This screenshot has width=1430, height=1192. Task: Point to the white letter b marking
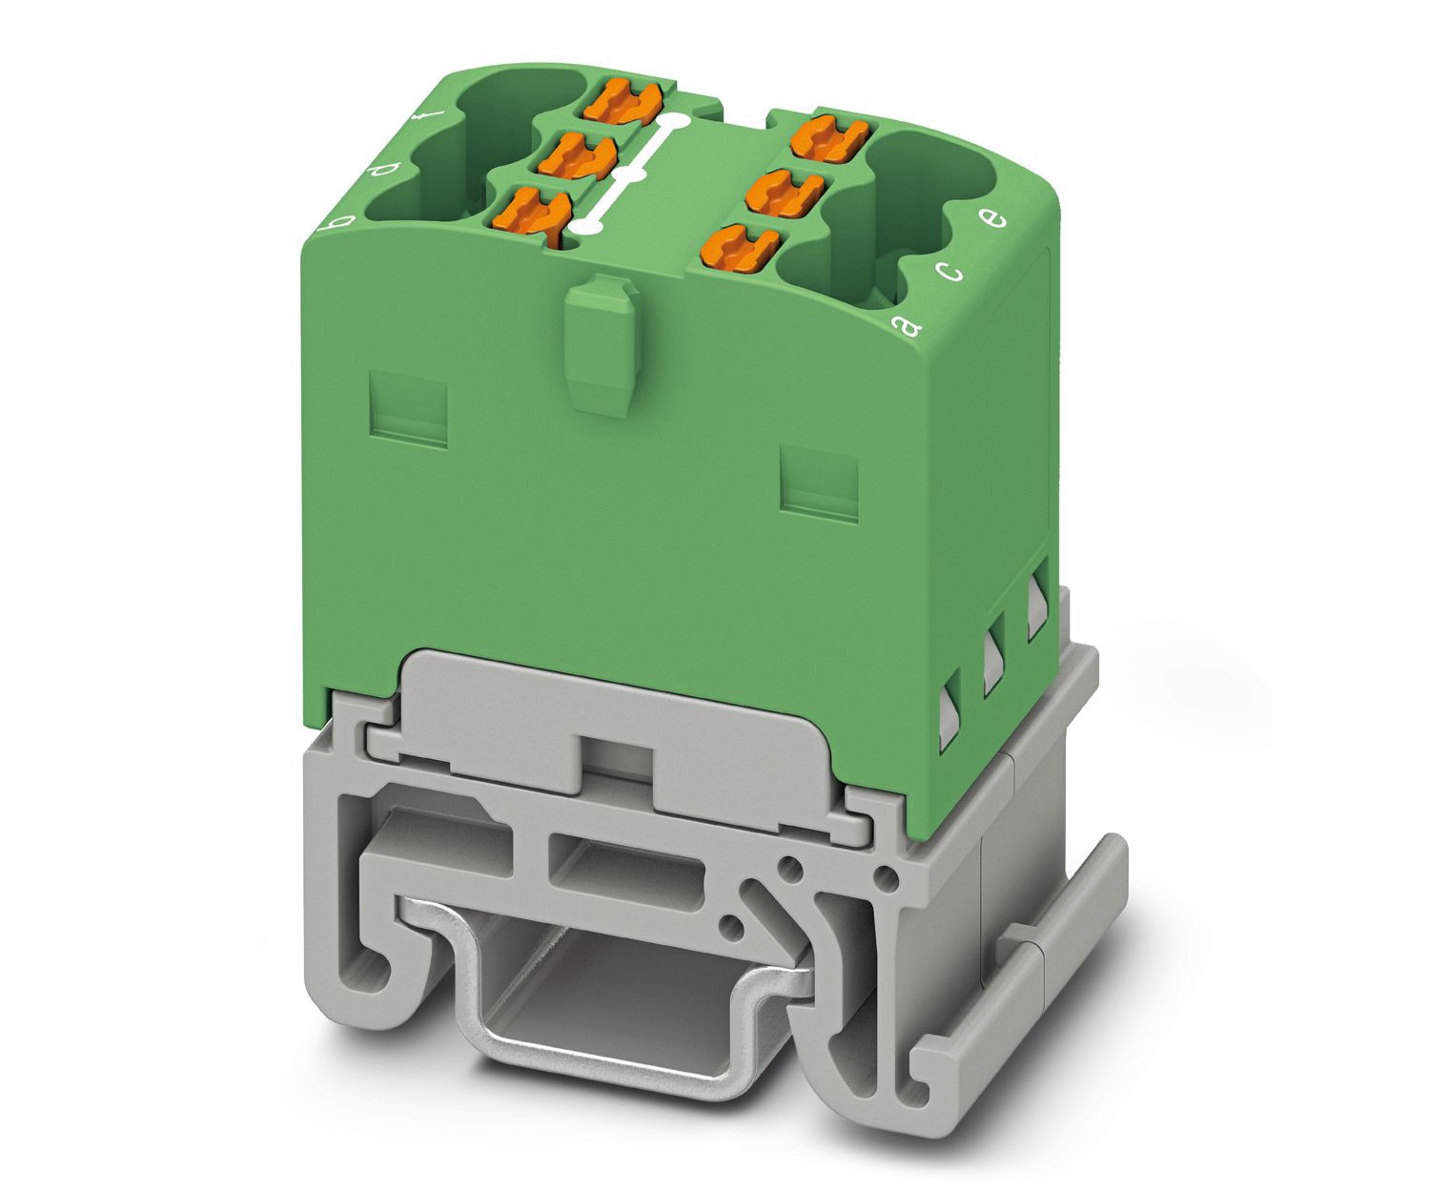(x=340, y=222)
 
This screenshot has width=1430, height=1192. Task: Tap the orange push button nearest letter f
(x=622, y=101)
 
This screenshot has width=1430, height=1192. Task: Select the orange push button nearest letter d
(x=578, y=156)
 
